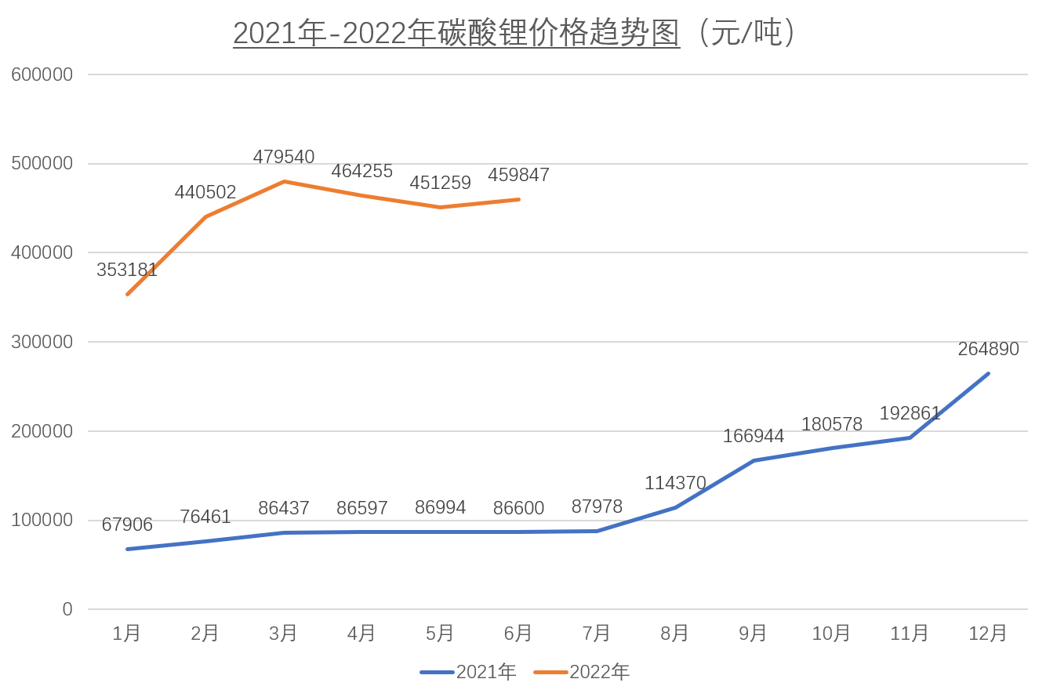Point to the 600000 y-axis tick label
click(x=42, y=74)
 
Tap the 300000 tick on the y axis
click(x=42, y=342)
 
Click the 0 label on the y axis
click(x=67, y=609)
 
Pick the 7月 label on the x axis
click(x=597, y=633)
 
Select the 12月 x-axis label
click(x=988, y=633)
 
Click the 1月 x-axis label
click(x=127, y=633)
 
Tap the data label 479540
click(x=284, y=158)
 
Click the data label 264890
click(x=988, y=350)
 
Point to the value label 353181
click(x=127, y=270)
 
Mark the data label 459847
click(x=518, y=176)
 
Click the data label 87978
click(x=597, y=507)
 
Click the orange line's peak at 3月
click(x=284, y=182)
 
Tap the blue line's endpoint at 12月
click(x=988, y=373)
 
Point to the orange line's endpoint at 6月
click(x=518, y=199)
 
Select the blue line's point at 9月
click(x=754, y=460)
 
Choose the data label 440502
click(x=205, y=193)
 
